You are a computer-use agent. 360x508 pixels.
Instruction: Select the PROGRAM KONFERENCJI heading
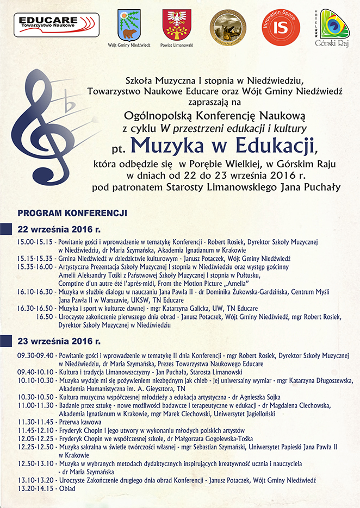pyautogui.click(x=72, y=212)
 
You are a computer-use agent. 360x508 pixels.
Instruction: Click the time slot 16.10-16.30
pyautogui.click(x=35, y=292)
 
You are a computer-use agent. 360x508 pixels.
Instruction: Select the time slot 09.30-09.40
pyautogui.click(x=35, y=356)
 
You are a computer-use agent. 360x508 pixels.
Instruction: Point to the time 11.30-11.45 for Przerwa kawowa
pyautogui.click(x=35, y=422)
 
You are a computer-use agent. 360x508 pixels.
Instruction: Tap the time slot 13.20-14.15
pyautogui.click(x=35, y=488)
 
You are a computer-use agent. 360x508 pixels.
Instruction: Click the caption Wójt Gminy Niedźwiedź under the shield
pyautogui.click(x=129, y=46)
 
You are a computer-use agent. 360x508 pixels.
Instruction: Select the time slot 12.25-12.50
pyautogui.click(x=35, y=447)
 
